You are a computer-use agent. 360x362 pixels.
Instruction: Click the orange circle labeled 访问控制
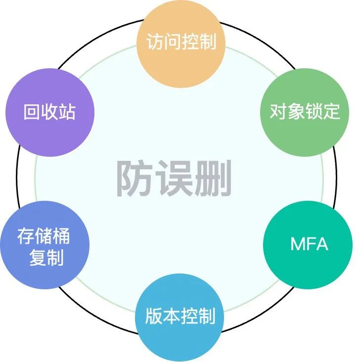point(180,44)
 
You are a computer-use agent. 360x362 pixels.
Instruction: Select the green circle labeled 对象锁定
point(304,112)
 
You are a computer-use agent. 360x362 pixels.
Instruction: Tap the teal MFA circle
point(309,244)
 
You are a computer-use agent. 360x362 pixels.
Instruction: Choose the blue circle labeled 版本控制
point(180,317)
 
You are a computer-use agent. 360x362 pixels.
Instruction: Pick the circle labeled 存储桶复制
point(45,246)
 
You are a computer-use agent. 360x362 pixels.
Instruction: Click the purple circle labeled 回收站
point(49,113)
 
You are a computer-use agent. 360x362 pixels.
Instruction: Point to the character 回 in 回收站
point(32,113)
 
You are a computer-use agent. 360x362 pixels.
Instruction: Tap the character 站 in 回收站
point(67,113)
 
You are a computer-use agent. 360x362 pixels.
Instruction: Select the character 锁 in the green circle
point(314,112)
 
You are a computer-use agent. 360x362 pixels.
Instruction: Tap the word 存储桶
point(45,236)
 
